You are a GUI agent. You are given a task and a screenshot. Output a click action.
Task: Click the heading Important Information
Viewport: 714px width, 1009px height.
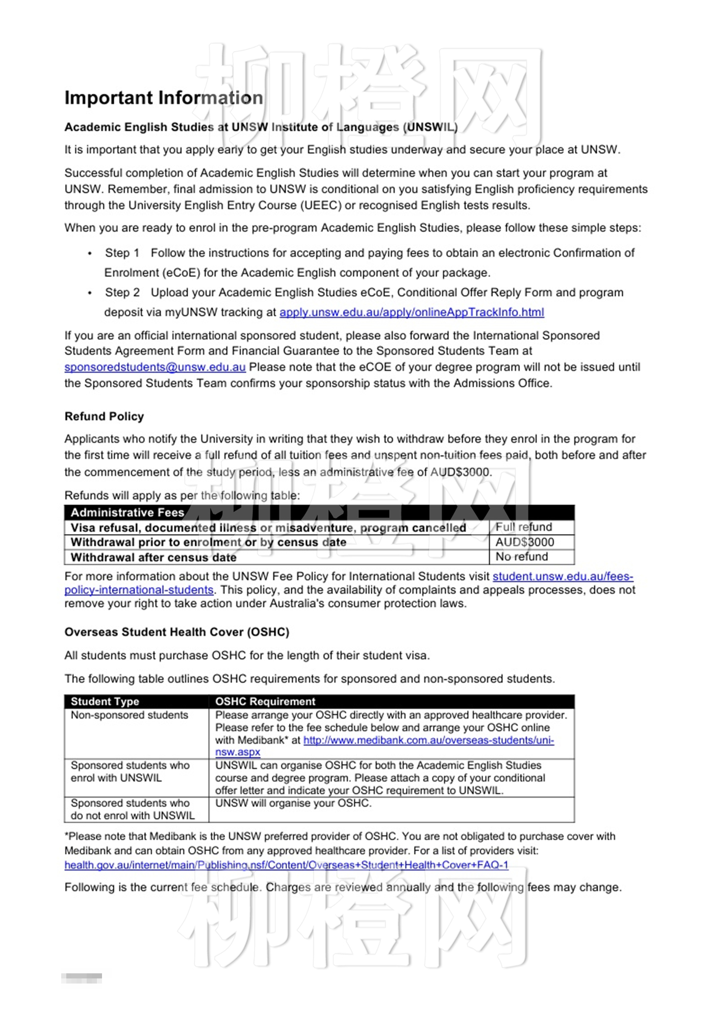[x=164, y=98]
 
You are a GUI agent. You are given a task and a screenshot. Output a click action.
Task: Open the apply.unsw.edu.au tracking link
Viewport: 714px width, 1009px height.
[x=411, y=312]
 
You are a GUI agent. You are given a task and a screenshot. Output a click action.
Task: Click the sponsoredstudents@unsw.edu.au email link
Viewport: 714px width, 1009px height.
[x=155, y=367]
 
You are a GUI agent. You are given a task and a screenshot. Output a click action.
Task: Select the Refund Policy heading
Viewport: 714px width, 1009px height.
[x=104, y=416]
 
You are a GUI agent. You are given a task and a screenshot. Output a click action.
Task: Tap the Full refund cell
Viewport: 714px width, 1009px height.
[x=524, y=527]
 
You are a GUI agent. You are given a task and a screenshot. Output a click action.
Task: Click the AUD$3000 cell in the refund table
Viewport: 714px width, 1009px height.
[x=524, y=542]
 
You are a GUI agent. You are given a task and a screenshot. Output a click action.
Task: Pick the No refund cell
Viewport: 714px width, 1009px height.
[x=522, y=557]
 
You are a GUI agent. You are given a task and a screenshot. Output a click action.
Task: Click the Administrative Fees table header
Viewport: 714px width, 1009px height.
[x=127, y=513]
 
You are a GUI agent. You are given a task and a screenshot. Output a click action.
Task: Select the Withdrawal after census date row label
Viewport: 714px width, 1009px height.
[x=154, y=557]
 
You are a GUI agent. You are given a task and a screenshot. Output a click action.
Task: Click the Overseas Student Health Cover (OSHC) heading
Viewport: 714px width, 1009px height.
[x=176, y=632]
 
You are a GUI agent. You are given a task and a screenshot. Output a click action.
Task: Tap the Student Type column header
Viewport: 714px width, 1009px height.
[x=105, y=702]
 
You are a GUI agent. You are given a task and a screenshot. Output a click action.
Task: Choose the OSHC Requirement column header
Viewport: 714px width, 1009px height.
[x=265, y=702]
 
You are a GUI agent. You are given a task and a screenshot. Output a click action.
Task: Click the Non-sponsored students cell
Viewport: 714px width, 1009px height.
[x=130, y=715]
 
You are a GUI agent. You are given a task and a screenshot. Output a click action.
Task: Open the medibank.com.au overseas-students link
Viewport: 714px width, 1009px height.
[x=428, y=740]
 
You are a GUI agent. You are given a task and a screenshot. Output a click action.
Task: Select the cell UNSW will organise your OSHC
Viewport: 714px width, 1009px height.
[x=293, y=804]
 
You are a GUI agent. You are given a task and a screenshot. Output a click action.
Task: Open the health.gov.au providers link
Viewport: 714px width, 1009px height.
[x=286, y=865]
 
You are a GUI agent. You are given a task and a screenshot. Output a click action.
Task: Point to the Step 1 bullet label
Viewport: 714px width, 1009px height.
[x=122, y=253]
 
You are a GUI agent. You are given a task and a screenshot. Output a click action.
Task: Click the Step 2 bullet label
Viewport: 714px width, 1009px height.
[x=122, y=293]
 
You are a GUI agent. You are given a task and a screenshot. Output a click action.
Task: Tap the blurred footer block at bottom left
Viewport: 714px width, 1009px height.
[x=82, y=978]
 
